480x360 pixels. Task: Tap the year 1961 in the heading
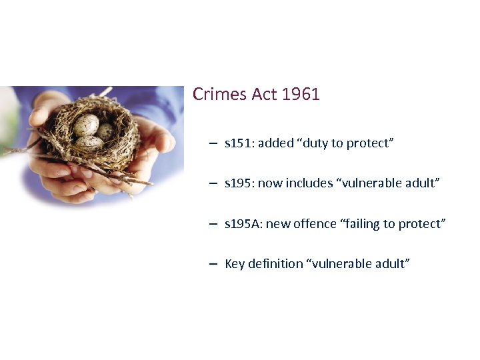pyautogui.click(x=301, y=95)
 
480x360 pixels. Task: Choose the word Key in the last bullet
pyautogui.click(x=235, y=263)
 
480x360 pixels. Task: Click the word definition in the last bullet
pyautogui.click(x=275, y=263)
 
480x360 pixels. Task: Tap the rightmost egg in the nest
pyautogui.click(x=105, y=131)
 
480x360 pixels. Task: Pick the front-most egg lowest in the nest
pyautogui.click(x=89, y=142)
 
